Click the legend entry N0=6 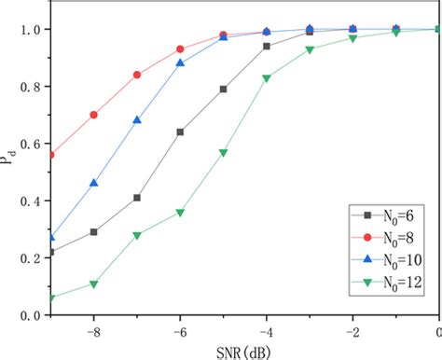coord(384,214)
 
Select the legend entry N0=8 coord(384,236)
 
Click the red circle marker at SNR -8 coord(94,115)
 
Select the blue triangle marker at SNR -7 coord(137,120)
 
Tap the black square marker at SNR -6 coord(180,132)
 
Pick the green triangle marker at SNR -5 coord(224,152)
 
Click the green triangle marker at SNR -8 coord(94,284)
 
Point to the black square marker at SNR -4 coord(267,46)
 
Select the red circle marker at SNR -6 coord(180,48)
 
